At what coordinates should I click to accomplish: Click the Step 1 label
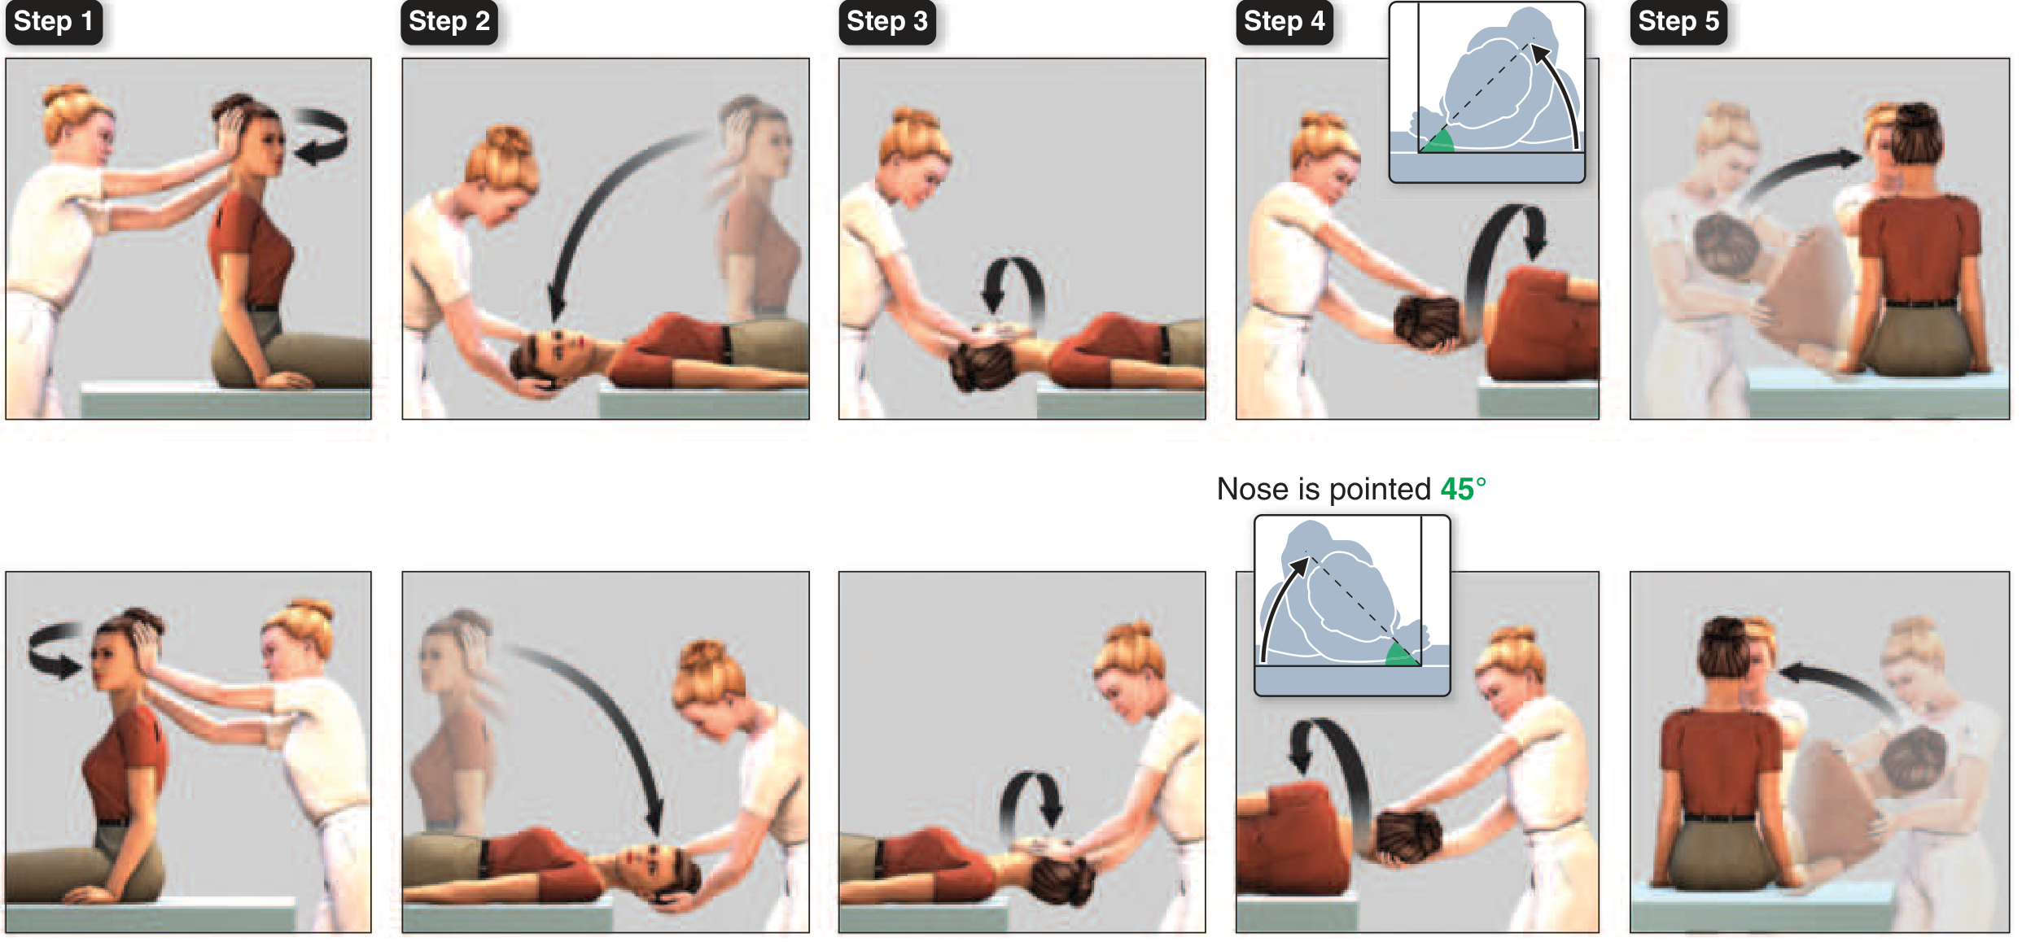[54, 22]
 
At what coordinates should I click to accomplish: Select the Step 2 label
[449, 22]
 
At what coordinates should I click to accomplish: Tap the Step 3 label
[887, 22]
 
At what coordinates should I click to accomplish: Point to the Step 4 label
[1285, 22]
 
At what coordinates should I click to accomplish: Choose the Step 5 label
[1678, 22]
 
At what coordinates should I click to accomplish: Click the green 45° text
[1463, 489]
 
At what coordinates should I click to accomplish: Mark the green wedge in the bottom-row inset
[1402, 654]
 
